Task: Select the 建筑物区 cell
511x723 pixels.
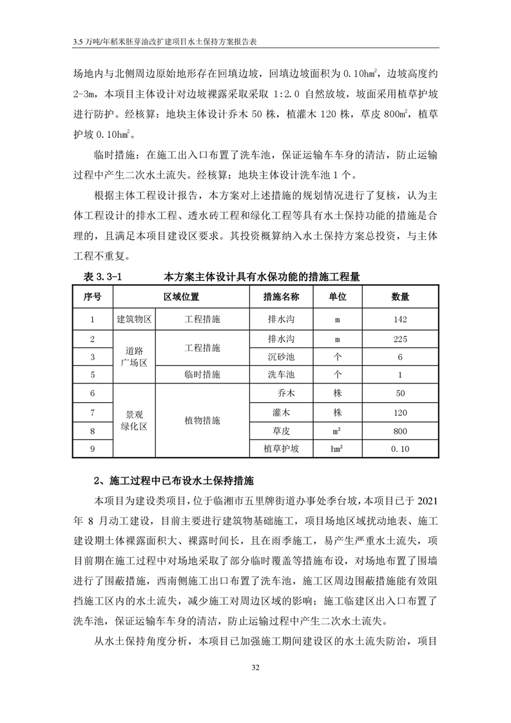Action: tap(134, 319)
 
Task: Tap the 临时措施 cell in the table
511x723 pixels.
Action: tap(202, 374)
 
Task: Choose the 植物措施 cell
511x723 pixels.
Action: tap(202, 420)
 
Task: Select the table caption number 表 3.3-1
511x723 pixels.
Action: tap(103, 277)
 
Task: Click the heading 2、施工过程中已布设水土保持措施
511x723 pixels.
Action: tap(174, 481)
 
